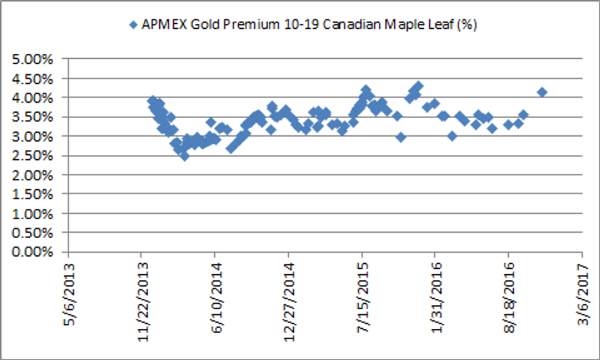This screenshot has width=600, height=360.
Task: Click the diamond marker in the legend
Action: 133,25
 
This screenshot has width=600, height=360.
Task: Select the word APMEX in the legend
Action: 159,25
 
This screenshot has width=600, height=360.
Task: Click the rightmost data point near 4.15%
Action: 542,92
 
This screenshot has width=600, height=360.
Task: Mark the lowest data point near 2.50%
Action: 184,156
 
